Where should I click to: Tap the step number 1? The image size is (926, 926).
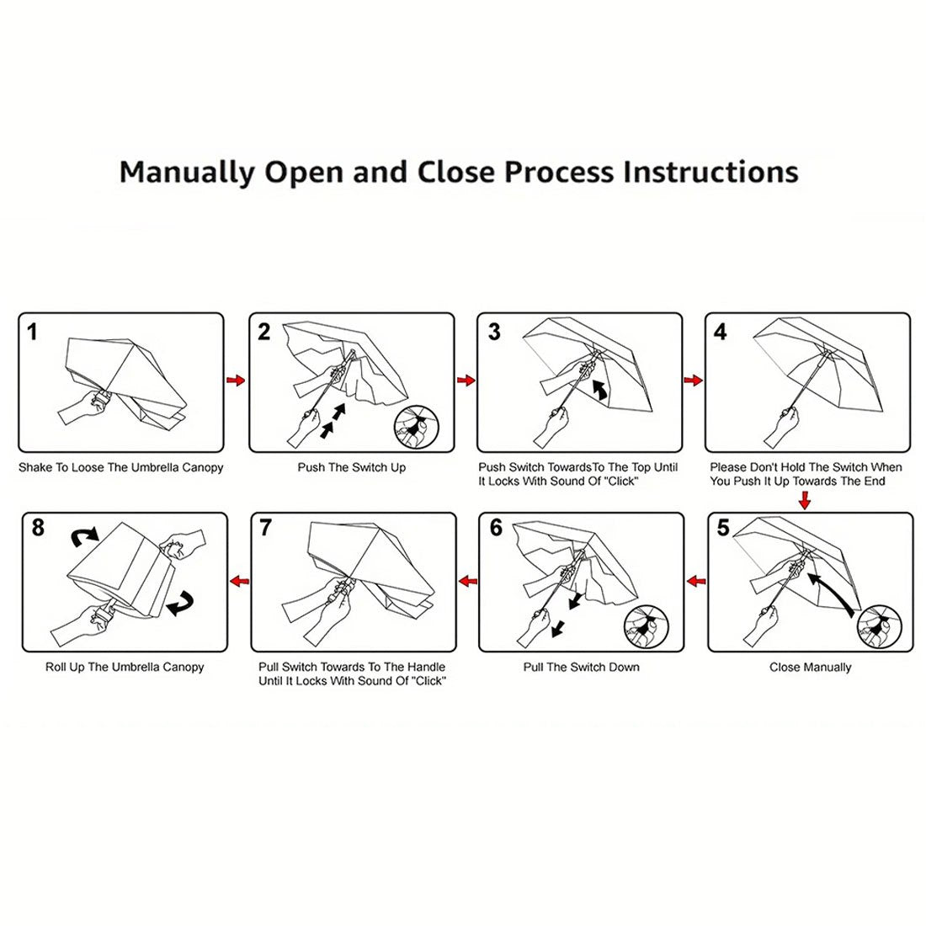(33, 332)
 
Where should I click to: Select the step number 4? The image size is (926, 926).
(720, 332)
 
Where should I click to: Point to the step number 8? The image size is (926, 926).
(38, 528)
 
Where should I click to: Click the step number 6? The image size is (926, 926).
(496, 528)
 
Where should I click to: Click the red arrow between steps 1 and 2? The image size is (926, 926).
(237, 381)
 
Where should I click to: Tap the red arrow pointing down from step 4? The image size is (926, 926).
(805, 501)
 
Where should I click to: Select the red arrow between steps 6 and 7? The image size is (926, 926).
(467, 580)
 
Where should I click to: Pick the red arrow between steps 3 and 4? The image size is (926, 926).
(694, 381)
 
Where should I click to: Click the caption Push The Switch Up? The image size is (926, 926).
(351, 467)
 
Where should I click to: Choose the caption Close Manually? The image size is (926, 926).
(810, 667)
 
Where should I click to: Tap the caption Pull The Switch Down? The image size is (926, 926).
(581, 667)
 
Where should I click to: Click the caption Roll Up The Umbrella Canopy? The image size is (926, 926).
(125, 667)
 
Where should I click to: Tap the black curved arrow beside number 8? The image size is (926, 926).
(83, 535)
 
